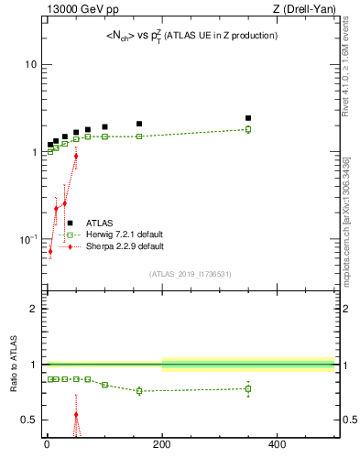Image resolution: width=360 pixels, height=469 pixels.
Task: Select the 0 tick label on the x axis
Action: pos(47,446)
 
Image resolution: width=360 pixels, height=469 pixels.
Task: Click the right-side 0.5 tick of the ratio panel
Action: pos(349,420)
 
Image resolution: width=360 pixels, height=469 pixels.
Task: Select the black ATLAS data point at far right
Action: pos(248,118)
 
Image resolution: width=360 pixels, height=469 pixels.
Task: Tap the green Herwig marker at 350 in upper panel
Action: pos(248,129)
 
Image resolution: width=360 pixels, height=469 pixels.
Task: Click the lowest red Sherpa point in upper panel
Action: pos(50,251)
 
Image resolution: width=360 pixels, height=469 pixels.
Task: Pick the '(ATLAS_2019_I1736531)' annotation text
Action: pos(189,274)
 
